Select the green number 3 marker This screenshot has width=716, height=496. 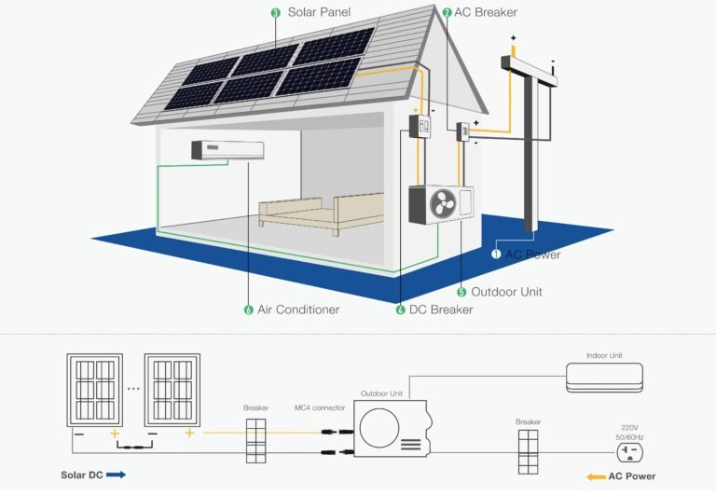tap(275, 13)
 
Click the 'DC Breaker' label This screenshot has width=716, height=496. tap(440, 310)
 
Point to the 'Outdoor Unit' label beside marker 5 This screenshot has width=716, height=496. tap(506, 292)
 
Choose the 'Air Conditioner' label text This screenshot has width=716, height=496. tap(298, 310)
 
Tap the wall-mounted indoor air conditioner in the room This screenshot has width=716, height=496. tap(210, 150)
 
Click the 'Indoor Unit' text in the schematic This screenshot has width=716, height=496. tap(603, 355)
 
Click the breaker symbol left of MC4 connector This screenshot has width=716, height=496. tap(255, 439)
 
